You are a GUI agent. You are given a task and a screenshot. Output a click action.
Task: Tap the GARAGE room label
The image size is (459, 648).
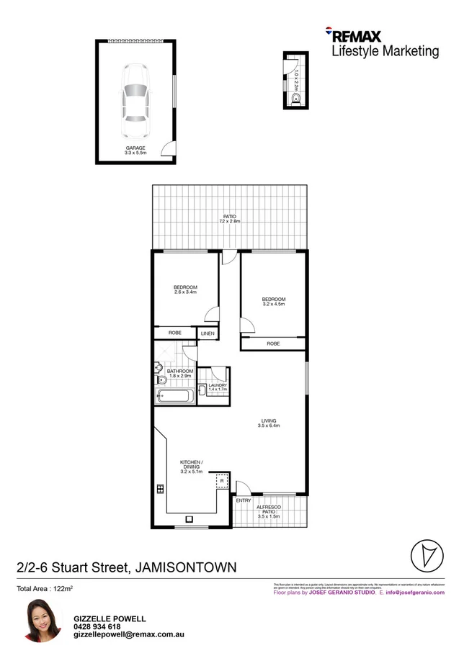[x=135, y=150]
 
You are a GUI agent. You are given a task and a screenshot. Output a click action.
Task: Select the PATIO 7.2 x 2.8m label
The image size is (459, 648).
[x=229, y=219]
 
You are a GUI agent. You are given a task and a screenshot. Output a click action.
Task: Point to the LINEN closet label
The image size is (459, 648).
[x=208, y=333]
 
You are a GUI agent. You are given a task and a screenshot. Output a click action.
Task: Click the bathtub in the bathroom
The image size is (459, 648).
[x=174, y=397]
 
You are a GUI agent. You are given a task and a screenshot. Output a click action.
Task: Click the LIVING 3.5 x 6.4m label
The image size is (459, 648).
[x=269, y=423]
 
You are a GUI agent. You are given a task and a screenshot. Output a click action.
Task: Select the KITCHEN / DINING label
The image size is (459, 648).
[x=191, y=466]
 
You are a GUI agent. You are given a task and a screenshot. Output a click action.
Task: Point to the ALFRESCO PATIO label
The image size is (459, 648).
[x=269, y=511]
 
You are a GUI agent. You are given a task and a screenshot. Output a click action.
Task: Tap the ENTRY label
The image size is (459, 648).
[x=244, y=500]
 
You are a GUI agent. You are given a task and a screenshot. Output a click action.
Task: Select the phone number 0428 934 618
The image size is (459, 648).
[x=98, y=627]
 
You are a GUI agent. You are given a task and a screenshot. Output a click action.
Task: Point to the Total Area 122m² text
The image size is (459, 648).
[x=45, y=589]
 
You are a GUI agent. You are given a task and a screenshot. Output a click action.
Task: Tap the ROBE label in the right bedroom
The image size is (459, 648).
[x=273, y=344]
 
